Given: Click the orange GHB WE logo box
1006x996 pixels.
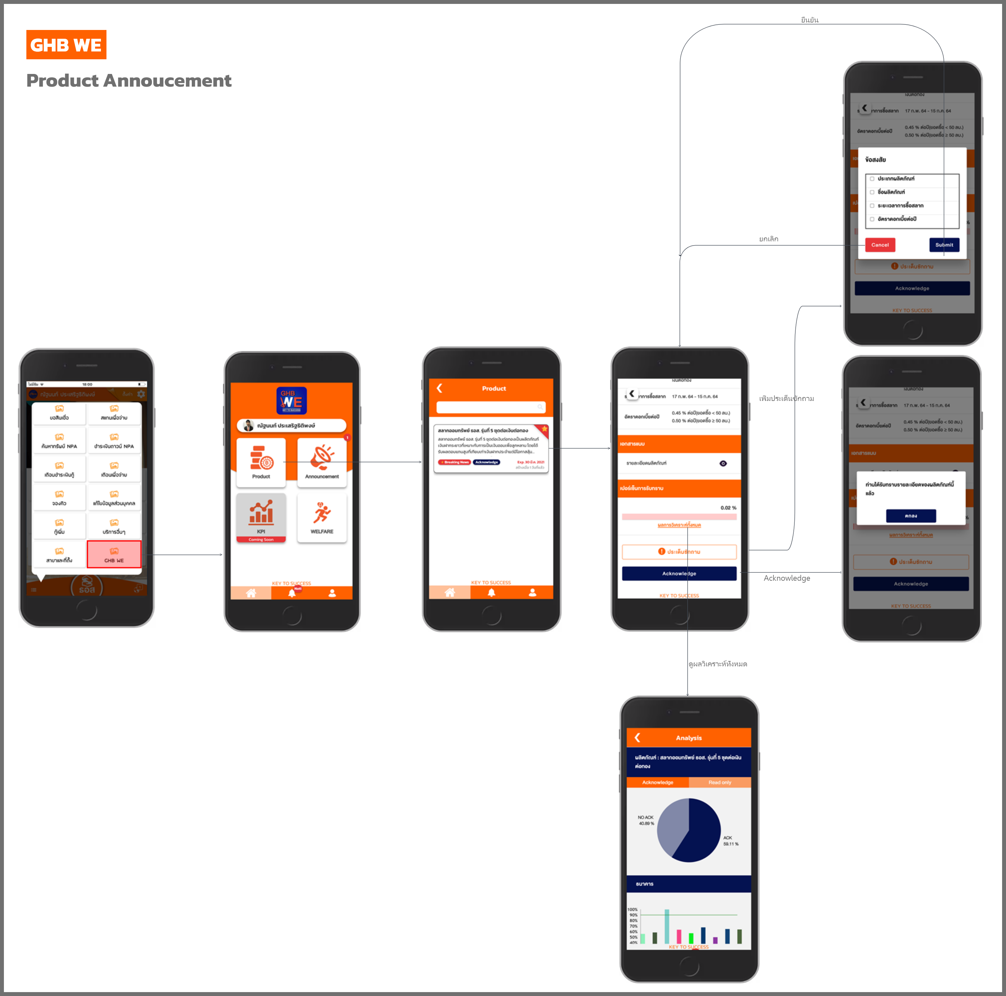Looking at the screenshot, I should [66, 45].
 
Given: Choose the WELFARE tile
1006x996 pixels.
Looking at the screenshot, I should [322, 518].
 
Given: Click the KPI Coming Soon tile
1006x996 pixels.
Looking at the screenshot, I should [261, 518].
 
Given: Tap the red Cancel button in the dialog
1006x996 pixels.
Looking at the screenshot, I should [880, 245].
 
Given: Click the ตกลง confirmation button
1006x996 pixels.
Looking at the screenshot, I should [911, 516].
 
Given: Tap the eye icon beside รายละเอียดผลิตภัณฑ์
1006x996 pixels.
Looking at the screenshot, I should [723, 463].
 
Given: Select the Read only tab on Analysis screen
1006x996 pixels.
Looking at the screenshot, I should [720, 782].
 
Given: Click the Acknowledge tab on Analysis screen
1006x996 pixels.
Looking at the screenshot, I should [658, 782].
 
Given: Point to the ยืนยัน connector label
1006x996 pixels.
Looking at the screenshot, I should [810, 20].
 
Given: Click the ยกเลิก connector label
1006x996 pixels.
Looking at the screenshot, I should [769, 239].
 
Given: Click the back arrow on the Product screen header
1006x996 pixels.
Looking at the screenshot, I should [440, 388].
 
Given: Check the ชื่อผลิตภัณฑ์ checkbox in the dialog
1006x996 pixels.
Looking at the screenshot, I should [872, 192].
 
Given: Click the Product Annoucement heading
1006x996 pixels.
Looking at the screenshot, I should [129, 81].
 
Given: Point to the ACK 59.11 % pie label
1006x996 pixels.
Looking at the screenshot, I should [730, 841].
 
